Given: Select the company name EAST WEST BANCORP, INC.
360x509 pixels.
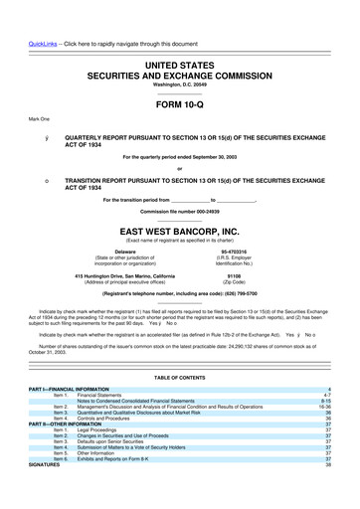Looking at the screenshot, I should [x=179, y=227].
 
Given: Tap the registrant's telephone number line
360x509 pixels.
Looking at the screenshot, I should [x=179, y=294].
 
